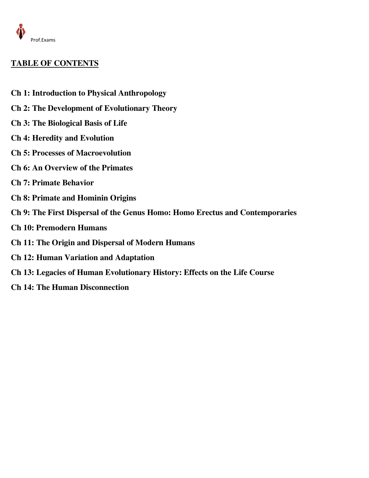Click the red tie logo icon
(x=20, y=32)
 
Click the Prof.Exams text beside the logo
(x=43, y=40)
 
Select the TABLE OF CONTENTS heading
(x=55, y=63)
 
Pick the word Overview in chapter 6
(x=61, y=168)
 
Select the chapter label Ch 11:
(x=22, y=243)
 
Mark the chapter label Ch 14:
(x=22, y=287)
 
